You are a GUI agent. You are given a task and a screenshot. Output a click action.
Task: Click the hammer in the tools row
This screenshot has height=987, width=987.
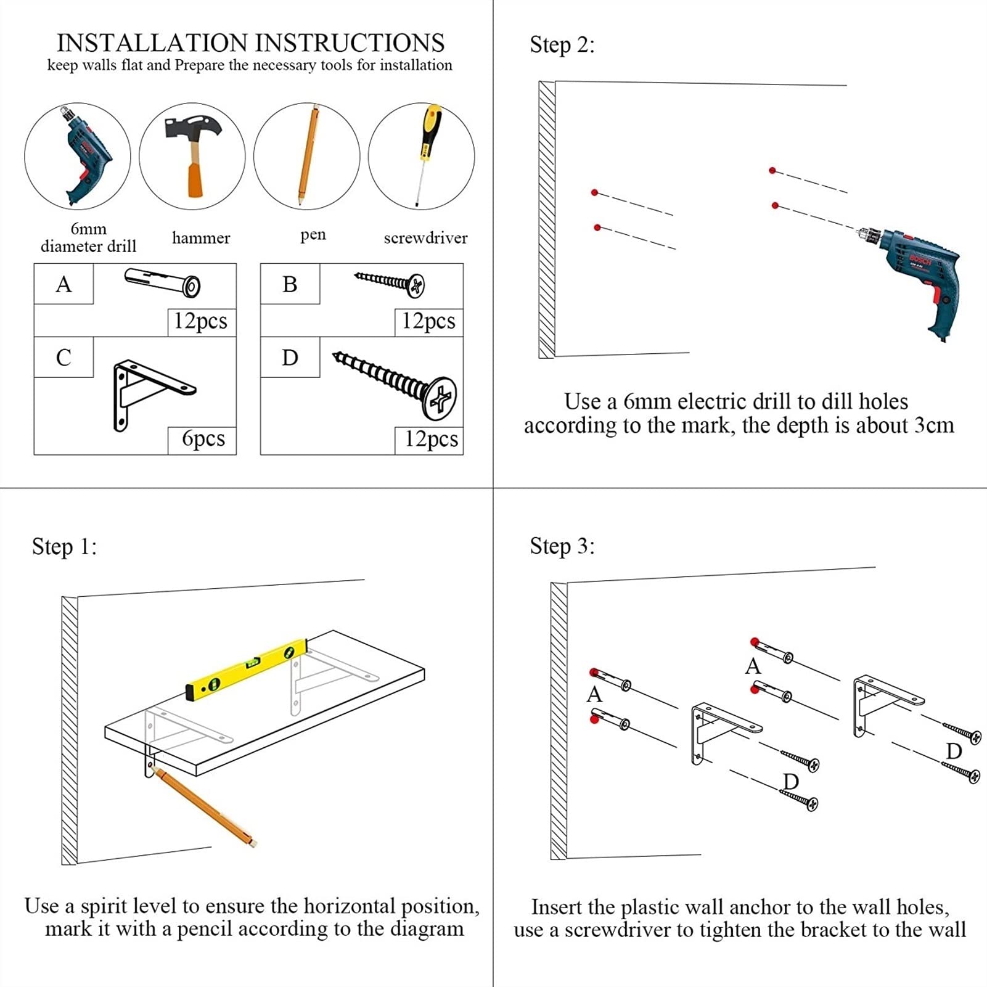(192, 154)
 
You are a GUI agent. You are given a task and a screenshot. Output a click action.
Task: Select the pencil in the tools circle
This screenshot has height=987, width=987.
(308, 154)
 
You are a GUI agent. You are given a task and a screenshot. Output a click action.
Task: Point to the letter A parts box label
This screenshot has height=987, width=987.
(63, 284)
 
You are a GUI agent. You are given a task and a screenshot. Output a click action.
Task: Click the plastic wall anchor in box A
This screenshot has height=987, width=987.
(162, 282)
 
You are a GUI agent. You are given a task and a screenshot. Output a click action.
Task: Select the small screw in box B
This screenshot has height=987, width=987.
(390, 282)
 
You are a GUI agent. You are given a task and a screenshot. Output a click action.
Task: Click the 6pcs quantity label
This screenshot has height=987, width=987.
(203, 439)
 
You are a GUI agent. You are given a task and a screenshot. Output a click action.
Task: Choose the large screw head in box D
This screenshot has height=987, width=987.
(440, 398)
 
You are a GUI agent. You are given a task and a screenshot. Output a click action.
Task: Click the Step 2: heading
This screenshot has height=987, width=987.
(562, 45)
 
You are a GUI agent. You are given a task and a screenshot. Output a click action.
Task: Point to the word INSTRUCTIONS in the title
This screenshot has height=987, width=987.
(350, 43)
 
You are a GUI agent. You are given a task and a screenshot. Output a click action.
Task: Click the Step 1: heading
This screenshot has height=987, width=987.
(64, 547)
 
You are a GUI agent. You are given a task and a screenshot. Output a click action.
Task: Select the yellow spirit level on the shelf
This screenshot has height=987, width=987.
(247, 670)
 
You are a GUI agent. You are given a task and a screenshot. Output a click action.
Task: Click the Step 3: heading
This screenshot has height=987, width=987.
(562, 546)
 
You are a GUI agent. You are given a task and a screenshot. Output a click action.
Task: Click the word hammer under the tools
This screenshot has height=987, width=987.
(201, 238)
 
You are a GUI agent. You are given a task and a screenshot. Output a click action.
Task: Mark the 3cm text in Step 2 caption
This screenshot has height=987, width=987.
(934, 425)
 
